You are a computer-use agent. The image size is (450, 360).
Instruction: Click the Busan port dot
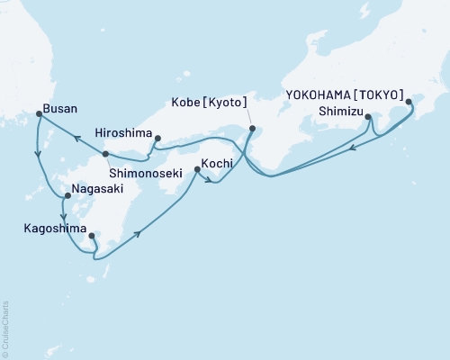click(x=38, y=113)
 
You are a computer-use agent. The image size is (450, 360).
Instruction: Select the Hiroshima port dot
click(x=157, y=139)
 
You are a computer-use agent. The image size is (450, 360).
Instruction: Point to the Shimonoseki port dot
click(x=105, y=154)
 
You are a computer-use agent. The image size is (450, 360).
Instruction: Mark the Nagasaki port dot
click(x=67, y=195)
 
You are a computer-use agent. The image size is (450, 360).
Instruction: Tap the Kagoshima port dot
click(x=92, y=237)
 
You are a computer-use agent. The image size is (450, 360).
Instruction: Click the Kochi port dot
click(x=195, y=169)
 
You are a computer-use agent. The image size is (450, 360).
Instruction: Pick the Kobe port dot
click(x=252, y=128)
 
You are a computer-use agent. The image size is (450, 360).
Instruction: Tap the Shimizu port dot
click(x=368, y=117)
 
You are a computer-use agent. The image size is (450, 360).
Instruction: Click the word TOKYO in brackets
click(x=380, y=94)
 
